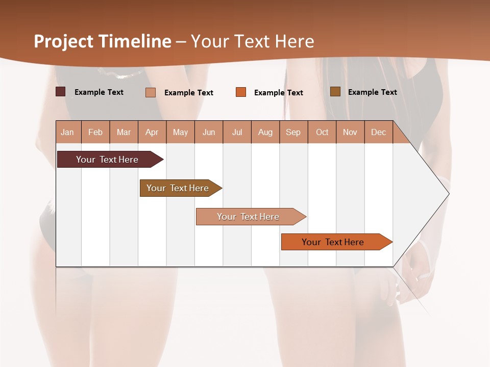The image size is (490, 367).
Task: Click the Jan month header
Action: (68, 132)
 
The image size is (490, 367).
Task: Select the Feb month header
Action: (95, 132)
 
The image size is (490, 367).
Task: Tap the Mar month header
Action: (124, 132)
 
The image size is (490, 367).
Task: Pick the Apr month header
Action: (152, 132)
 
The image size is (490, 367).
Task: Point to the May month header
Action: (180, 132)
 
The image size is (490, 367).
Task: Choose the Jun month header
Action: (209, 132)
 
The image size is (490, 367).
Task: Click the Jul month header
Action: (237, 132)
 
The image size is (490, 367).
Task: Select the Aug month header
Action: (265, 132)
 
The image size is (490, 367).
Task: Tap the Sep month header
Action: (293, 132)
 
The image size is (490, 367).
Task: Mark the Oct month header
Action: (322, 132)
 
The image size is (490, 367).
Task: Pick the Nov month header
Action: (350, 132)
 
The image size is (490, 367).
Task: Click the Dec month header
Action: (378, 132)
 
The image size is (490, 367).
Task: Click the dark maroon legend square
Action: (61, 92)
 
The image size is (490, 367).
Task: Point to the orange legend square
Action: (241, 92)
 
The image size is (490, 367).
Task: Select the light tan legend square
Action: (151, 92)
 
